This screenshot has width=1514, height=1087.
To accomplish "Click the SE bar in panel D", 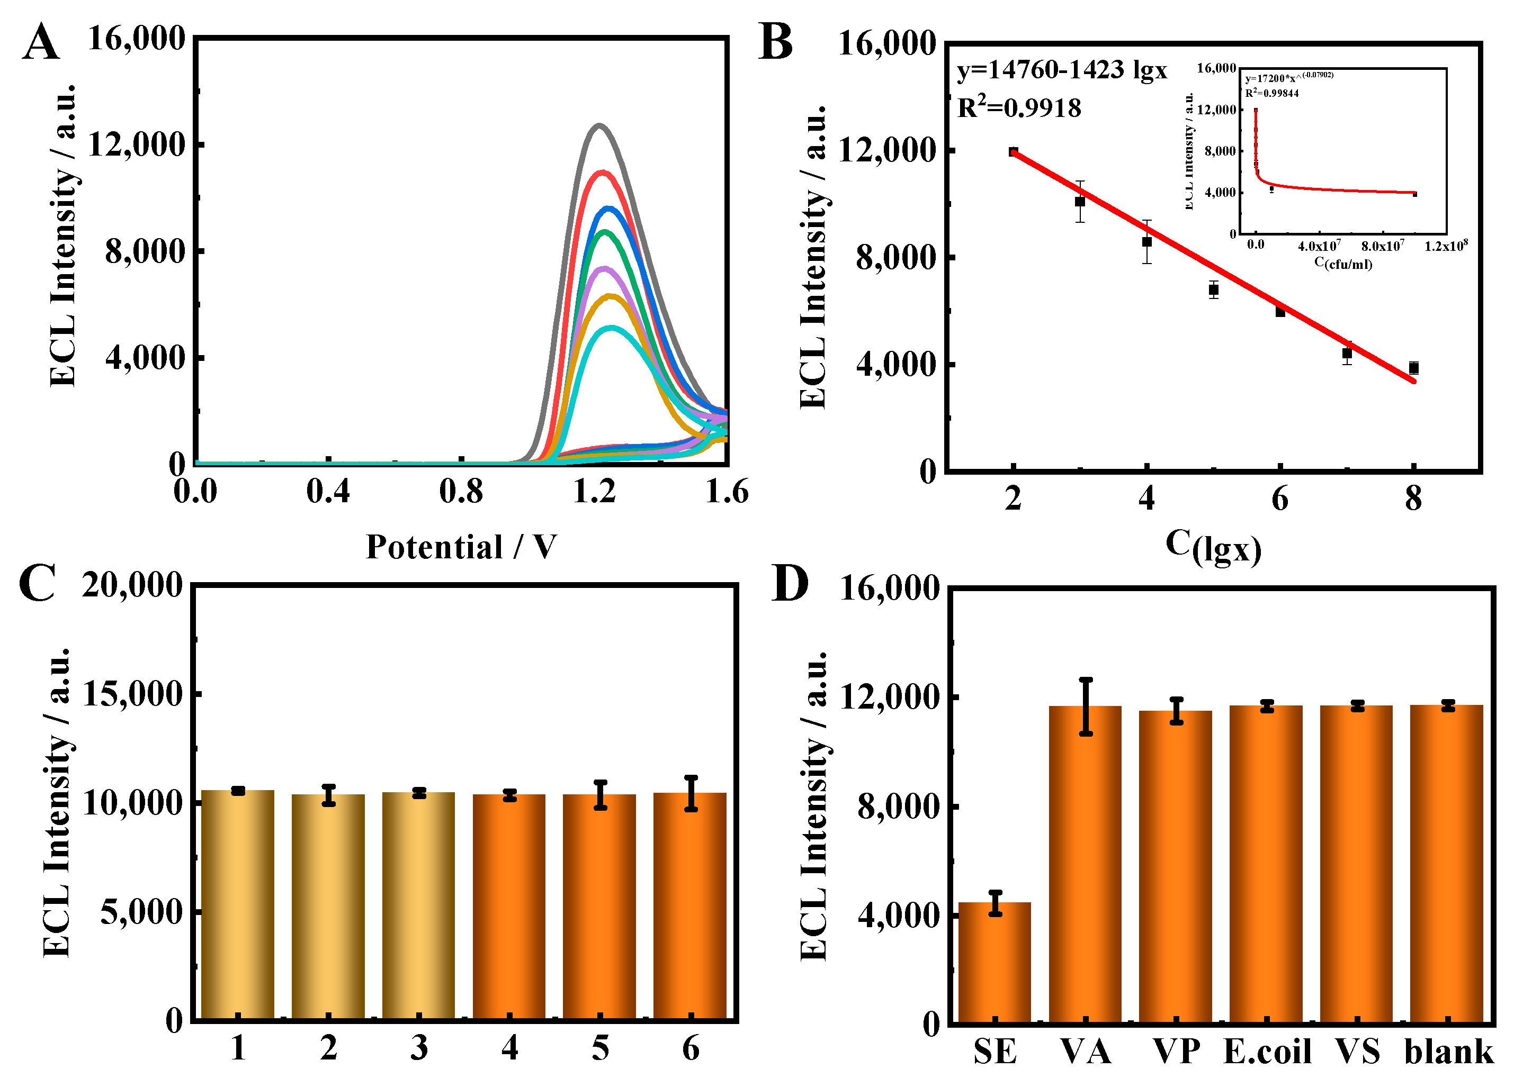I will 995,962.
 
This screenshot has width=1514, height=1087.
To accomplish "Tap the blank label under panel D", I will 1448,1052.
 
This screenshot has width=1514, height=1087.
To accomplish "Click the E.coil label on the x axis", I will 1267,1052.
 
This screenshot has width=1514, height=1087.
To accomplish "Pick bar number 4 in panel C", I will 509,908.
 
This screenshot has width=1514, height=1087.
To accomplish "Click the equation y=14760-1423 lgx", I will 1061,69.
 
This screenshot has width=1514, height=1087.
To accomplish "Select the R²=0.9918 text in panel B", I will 1019,107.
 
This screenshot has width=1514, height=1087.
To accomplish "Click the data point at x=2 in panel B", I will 1014,151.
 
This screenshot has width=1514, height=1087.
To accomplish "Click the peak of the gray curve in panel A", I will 599,125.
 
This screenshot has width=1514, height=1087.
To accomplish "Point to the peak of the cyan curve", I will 611,327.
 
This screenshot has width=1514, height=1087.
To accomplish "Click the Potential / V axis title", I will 461,547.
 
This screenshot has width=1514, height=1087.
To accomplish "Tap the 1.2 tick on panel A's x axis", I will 594,493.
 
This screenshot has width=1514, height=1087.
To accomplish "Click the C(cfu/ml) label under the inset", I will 1343,263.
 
